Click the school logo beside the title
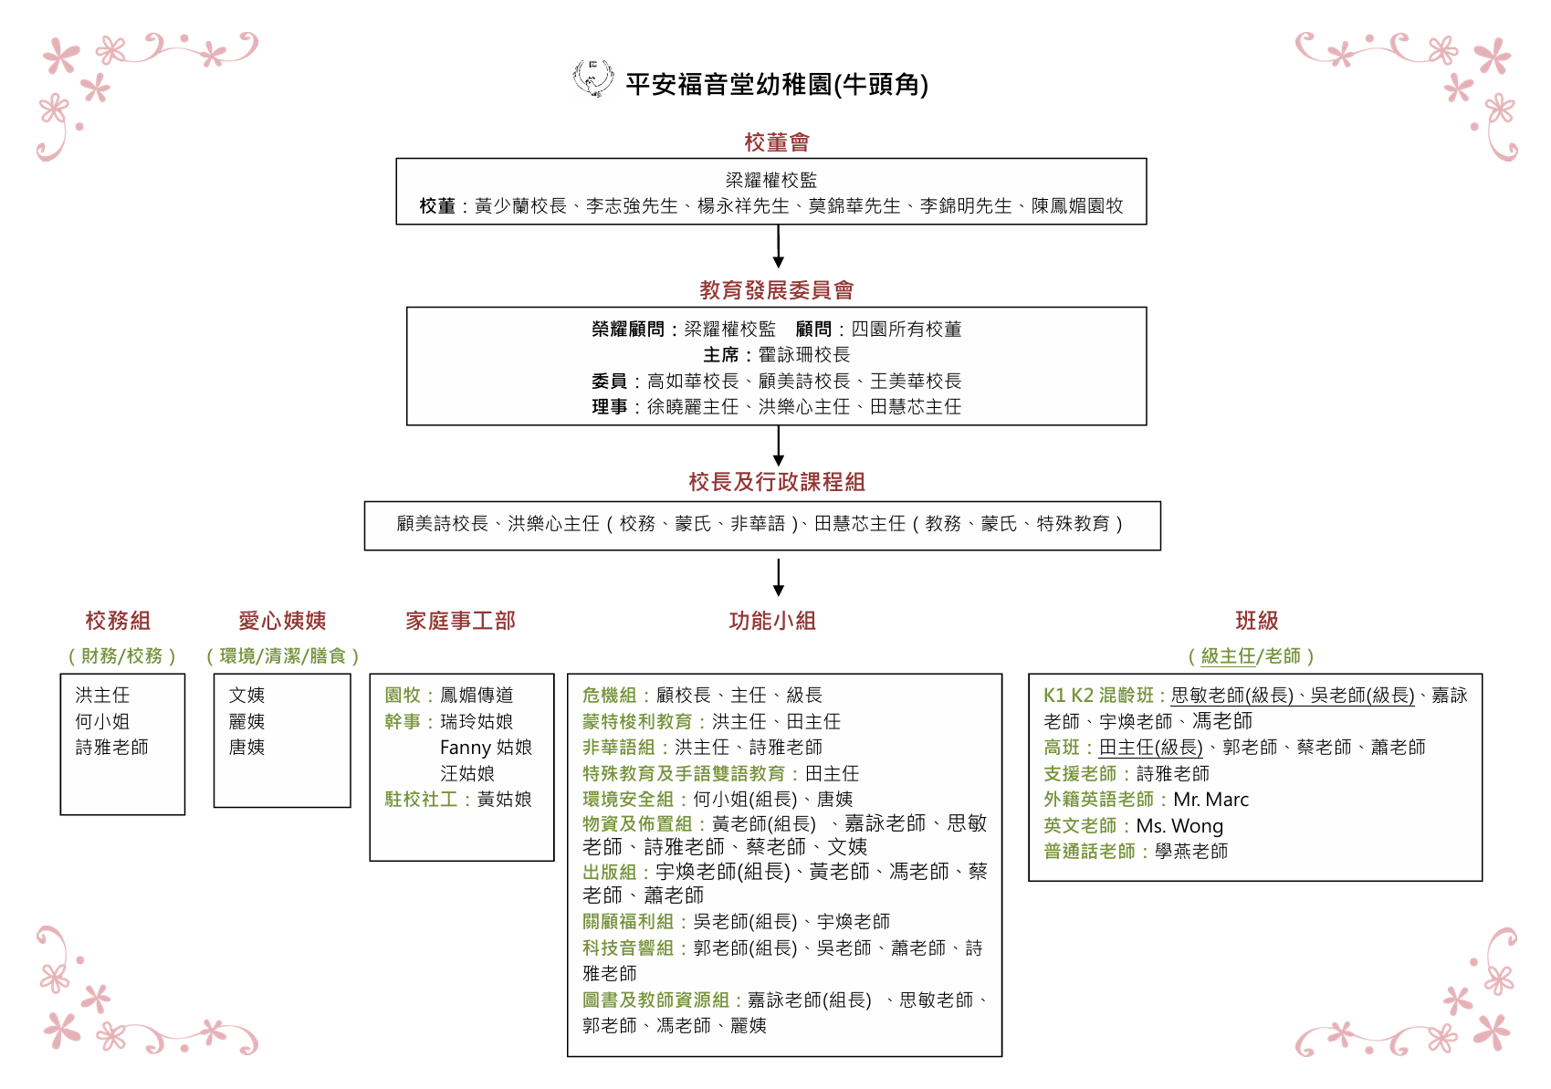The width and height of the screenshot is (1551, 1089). [592, 79]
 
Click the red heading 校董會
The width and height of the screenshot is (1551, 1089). [777, 141]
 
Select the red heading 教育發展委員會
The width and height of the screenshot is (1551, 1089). [776, 289]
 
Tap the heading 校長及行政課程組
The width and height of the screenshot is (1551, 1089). [777, 481]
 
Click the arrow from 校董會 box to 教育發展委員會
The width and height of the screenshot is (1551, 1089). [779, 246]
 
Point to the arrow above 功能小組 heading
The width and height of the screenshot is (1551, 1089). [779, 578]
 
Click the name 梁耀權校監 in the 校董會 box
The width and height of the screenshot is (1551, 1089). [771, 180]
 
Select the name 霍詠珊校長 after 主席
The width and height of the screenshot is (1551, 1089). [804, 354]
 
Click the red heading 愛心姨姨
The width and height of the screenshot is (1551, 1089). [282, 621]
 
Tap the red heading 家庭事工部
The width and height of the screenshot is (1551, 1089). [460, 621]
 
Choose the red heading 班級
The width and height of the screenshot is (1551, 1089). [1257, 621]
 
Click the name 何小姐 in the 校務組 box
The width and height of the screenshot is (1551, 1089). [102, 721]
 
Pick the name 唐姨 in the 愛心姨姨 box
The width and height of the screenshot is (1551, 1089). [246, 747]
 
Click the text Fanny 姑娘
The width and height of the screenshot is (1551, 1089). [486, 747]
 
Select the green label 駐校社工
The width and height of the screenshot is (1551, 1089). [421, 799]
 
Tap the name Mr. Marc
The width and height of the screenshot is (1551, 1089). [1211, 799]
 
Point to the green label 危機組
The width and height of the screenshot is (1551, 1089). [609, 695]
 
